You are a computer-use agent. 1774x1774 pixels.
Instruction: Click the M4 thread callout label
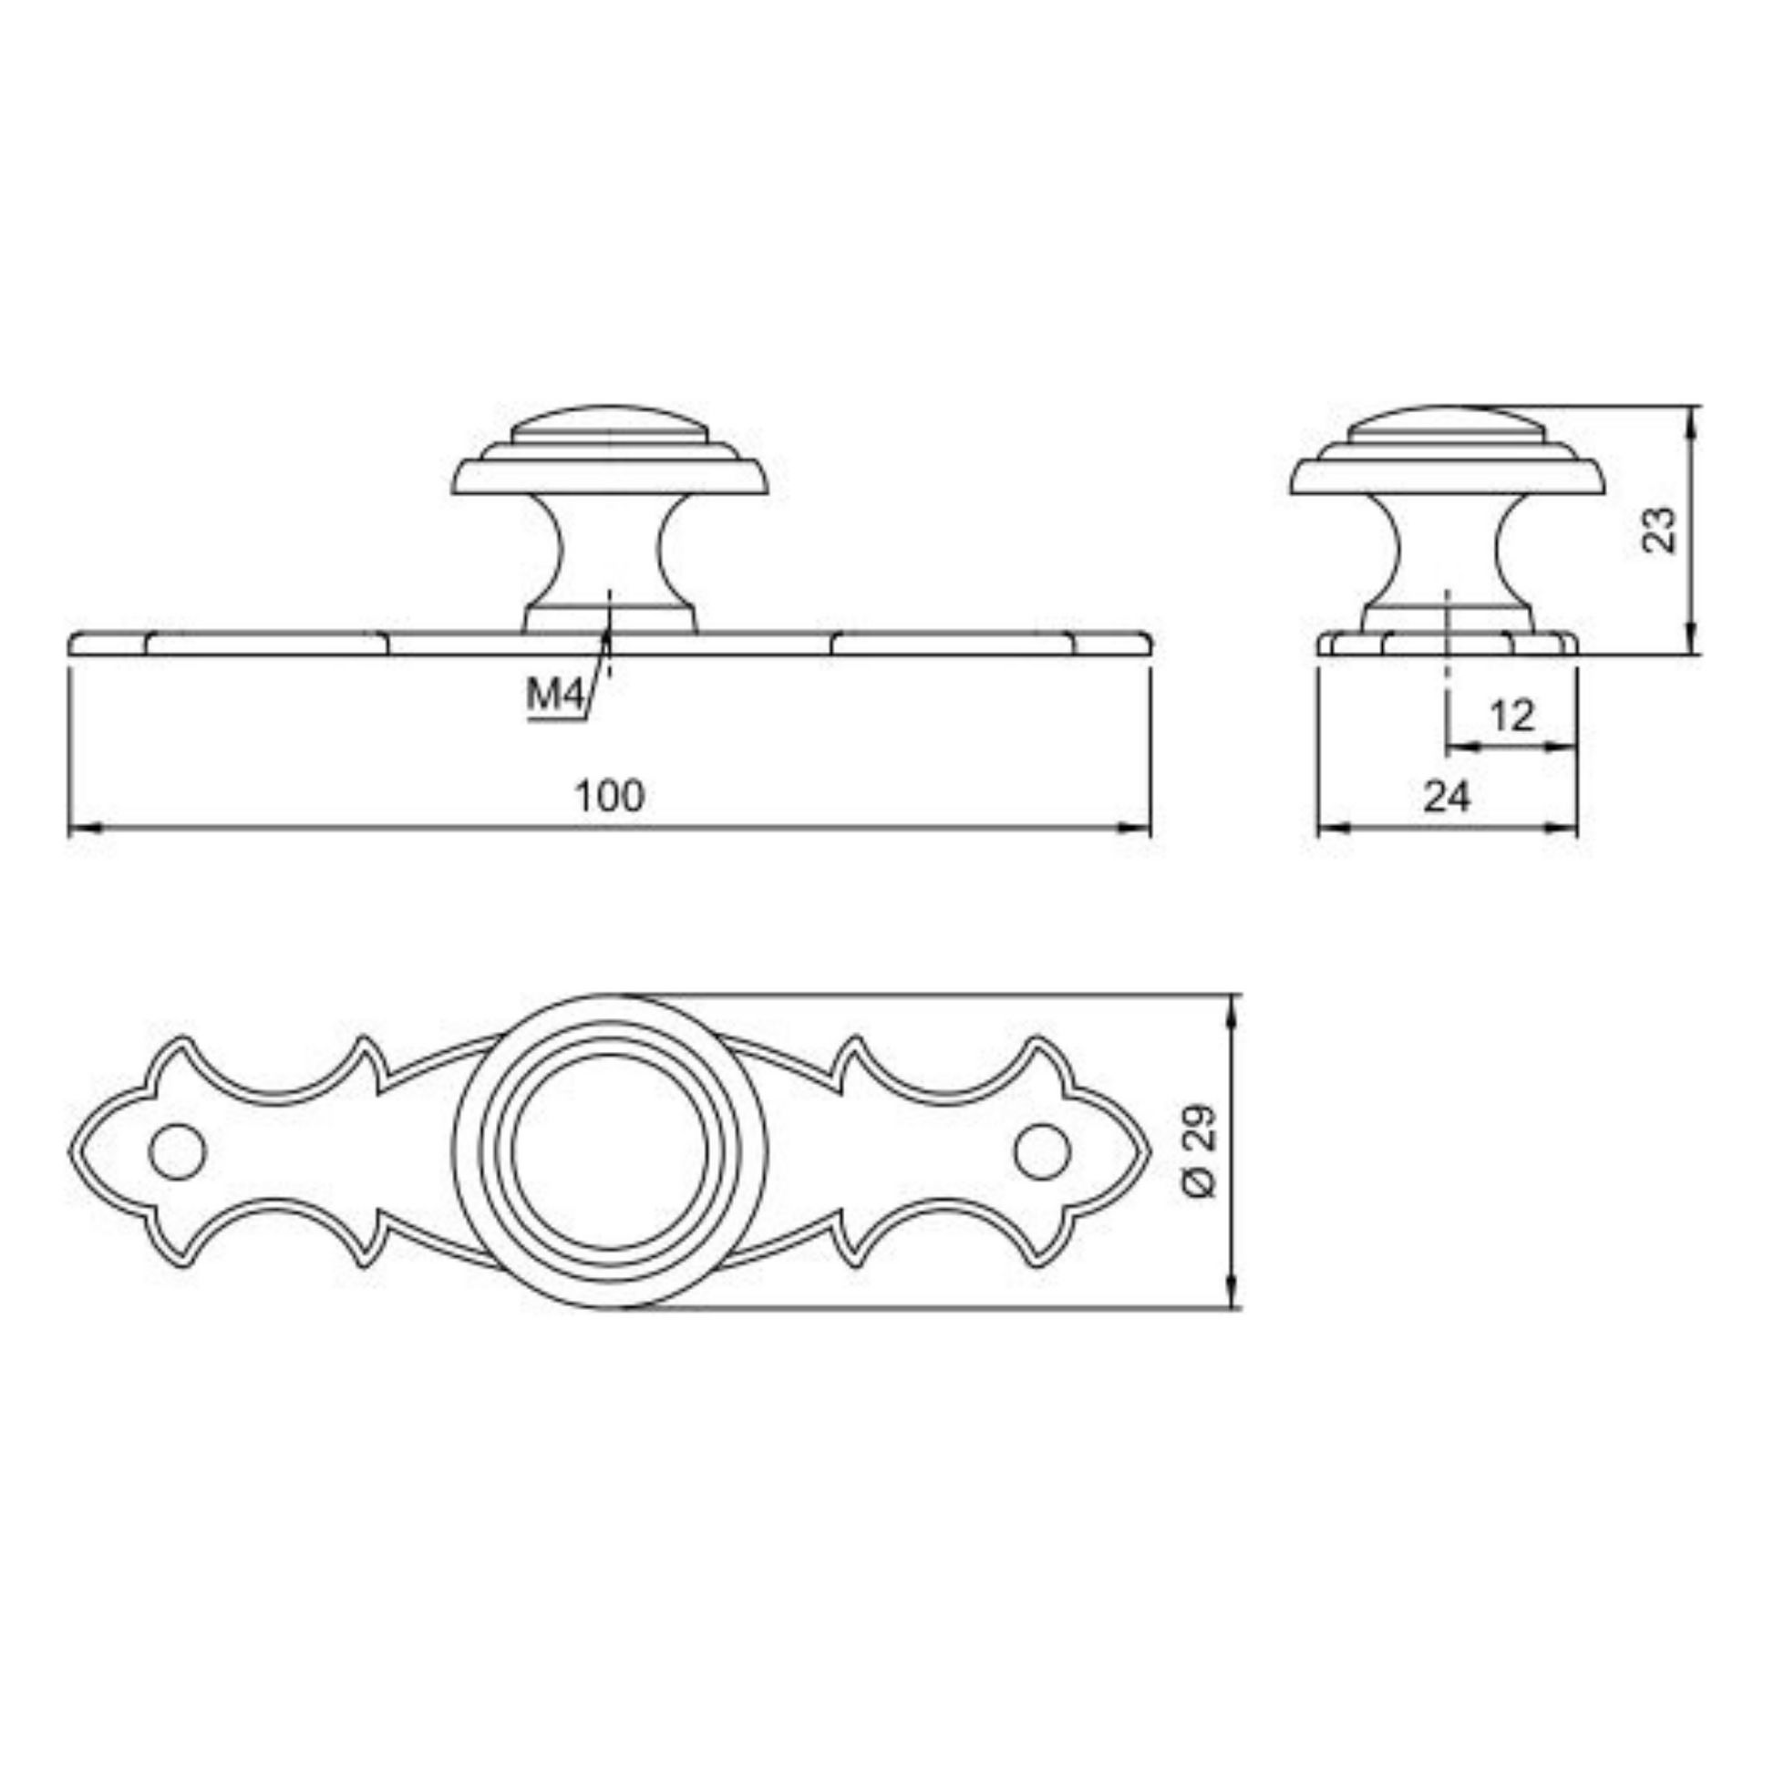point(555,695)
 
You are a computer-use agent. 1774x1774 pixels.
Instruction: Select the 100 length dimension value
point(610,796)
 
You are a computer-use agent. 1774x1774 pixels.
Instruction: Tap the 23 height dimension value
point(1659,530)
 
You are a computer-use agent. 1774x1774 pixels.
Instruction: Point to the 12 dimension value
point(1512,716)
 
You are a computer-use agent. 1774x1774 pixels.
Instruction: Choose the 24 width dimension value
point(1447,796)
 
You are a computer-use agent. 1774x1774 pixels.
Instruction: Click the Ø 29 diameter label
point(1200,1150)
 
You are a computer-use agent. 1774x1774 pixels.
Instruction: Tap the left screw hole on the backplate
point(177,1151)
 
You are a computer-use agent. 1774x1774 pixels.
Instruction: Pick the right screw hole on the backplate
point(1043,1151)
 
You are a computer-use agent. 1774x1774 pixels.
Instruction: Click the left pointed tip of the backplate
point(70,1151)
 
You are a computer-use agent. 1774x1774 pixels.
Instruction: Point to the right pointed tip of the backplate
point(1150,1151)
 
